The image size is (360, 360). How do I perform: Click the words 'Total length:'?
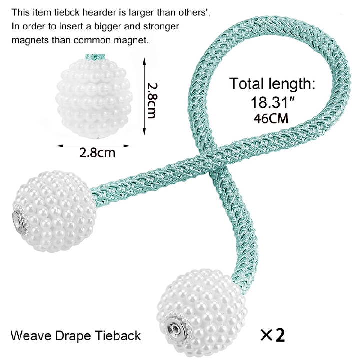[272, 83]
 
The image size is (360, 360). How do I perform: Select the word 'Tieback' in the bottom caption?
[118, 335]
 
